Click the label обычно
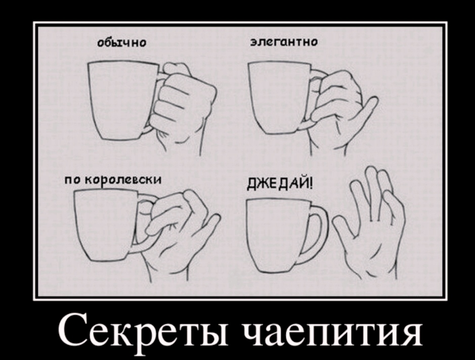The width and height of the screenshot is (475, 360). (x=122, y=42)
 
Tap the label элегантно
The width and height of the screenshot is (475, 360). (x=284, y=42)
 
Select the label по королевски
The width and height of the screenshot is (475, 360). (x=113, y=180)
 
